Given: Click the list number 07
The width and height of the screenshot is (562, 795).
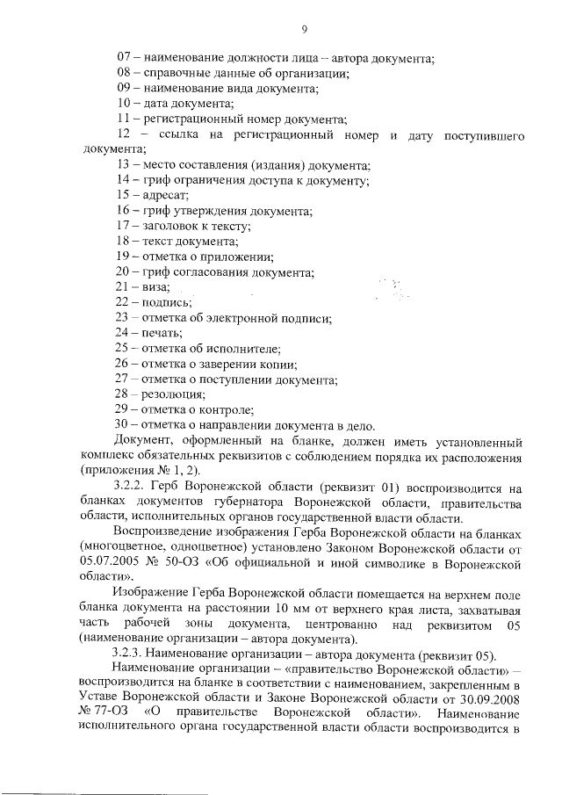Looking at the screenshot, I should pyautogui.click(x=126, y=58).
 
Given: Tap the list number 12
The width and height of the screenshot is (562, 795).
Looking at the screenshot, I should pyautogui.click(x=126, y=135).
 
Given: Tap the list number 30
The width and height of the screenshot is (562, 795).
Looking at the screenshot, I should pyautogui.click(x=126, y=425).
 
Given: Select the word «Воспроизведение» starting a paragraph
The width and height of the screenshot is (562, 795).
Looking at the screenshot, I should pyautogui.click(x=163, y=532).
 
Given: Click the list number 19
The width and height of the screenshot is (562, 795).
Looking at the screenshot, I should pyautogui.click(x=126, y=257).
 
